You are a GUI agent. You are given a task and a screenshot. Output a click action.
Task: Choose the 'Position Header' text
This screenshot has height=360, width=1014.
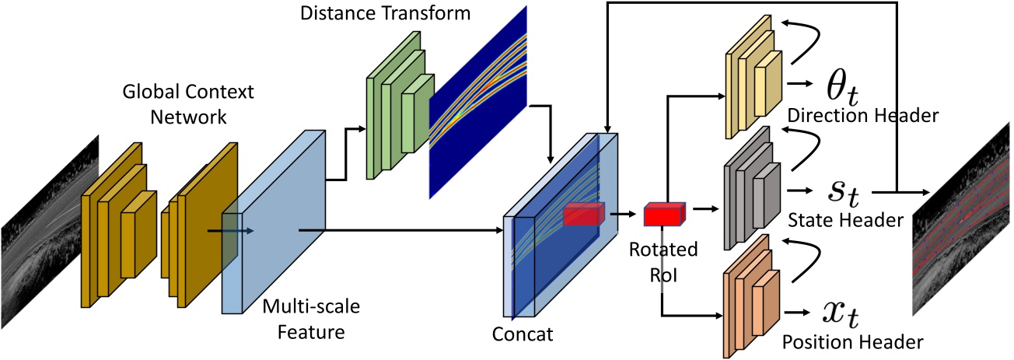(851, 340)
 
